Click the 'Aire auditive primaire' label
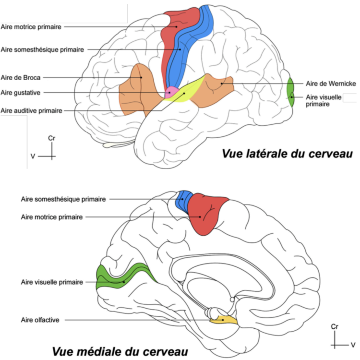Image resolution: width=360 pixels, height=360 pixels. tap(32, 110)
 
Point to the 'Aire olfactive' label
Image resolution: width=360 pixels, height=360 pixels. tap(40, 320)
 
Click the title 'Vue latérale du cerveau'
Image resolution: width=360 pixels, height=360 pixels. tap(287, 154)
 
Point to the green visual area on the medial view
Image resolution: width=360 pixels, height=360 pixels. tap(122, 278)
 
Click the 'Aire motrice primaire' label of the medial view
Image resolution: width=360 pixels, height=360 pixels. tap(52, 217)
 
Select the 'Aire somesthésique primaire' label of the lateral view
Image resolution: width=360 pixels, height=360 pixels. tap(43, 49)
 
